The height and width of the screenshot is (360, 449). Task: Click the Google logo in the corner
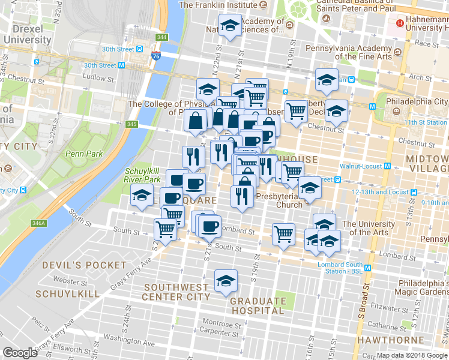(x=20, y=353)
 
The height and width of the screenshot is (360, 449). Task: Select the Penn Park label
(x=84, y=154)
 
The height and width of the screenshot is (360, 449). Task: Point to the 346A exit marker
(x=38, y=223)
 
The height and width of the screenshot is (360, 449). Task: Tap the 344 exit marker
(x=161, y=37)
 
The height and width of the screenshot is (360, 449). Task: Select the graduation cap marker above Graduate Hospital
(x=226, y=281)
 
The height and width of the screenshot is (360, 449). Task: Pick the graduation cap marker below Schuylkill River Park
(x=142, y=196)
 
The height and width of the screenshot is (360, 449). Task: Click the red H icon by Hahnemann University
(x=400, y=25)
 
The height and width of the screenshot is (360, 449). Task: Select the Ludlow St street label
(x=98, y=77)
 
